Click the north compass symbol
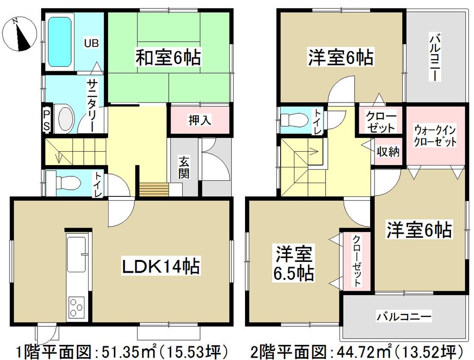[19, 33]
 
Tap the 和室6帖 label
[168, 59]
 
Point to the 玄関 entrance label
[184, 167]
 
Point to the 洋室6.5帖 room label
[293, 264]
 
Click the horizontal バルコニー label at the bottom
[404, 315]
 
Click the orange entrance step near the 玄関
[153, 189]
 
